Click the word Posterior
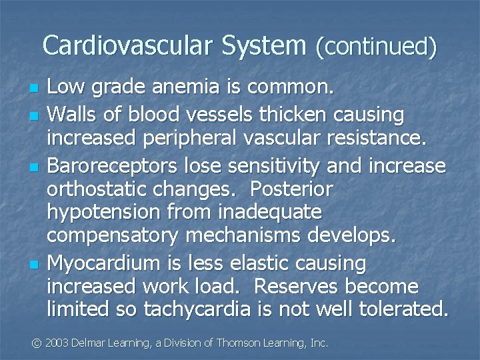291,190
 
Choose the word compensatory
114,236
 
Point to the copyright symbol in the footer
38,343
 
